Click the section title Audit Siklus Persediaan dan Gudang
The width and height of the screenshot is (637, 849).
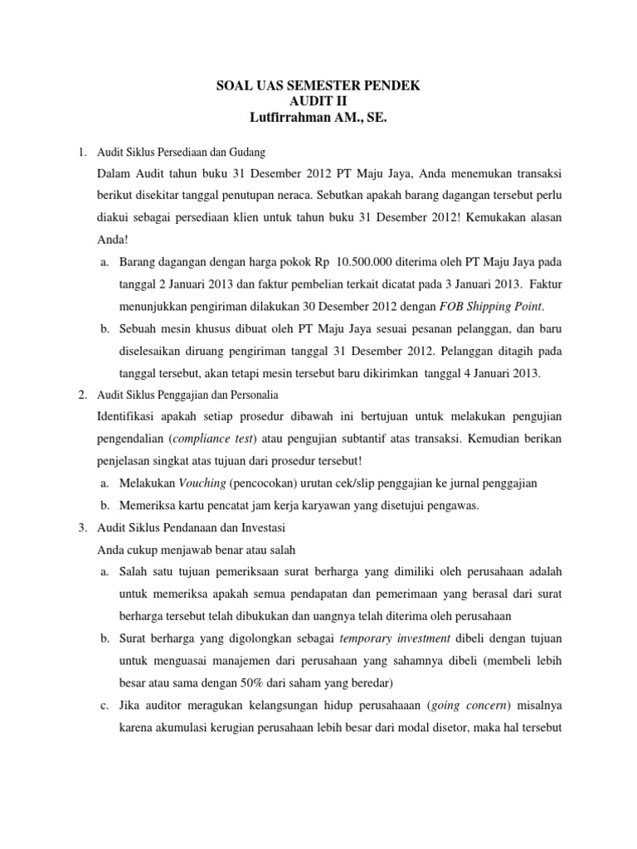[x=181, y=152]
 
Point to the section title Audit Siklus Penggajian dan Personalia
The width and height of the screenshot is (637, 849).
[x=187, y=395]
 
